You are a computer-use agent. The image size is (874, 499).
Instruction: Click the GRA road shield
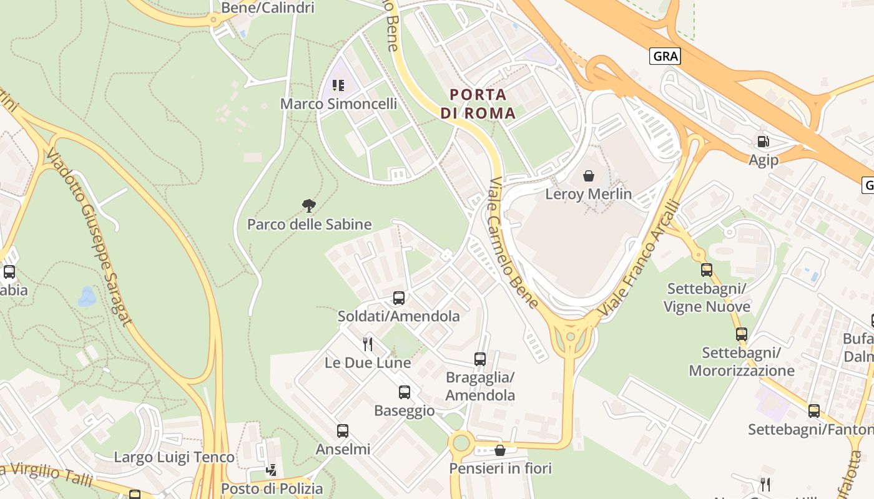pyautogui.click(x=665, y=56)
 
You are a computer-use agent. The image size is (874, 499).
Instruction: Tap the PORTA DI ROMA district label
pyautogui.click(x=478, y=104)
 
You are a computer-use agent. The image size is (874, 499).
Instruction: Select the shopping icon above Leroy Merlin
pyautogui.click(x=588, y=176)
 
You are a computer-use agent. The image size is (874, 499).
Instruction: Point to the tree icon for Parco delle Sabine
pyautogui.click(x=308, y=205)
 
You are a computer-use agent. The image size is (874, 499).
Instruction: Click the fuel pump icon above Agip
pyautogui.click(x=762, y=142)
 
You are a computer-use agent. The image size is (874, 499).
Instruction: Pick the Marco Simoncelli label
pyautogui.click(x=338, y=104)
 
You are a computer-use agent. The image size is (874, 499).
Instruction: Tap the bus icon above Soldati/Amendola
pyautogui.click(x=398, y=298)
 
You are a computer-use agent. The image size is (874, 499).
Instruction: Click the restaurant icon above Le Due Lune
pyautogui.click(x=368, y=344)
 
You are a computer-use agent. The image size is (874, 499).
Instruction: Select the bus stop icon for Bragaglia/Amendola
pyautogui.click(x=479, y=359)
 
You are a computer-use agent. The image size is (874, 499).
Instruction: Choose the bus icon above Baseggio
pyautogui.click(x=405, y=392)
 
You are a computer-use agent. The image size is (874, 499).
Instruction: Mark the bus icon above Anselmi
pyautogui.click(x=342, y=431)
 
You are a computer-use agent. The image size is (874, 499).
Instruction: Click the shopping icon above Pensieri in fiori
pyautogui.click(x=499, y=450)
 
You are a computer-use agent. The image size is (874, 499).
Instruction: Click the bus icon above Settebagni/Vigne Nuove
pyautogui.click(x=706, y=270)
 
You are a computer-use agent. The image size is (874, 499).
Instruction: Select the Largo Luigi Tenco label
pyautogui.click(x=174, y=457)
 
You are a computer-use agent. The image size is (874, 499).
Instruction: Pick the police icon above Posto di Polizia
pyautogui.click(x=271, y=470)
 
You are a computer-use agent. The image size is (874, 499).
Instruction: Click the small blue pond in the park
pyautogui.click(x=87, y=297)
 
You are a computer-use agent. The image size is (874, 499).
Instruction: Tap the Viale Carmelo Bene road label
pyautogui.click(x=513, y=243)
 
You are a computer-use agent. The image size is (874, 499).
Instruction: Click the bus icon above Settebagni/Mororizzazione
pyautogui.click(x=741, y=334)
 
